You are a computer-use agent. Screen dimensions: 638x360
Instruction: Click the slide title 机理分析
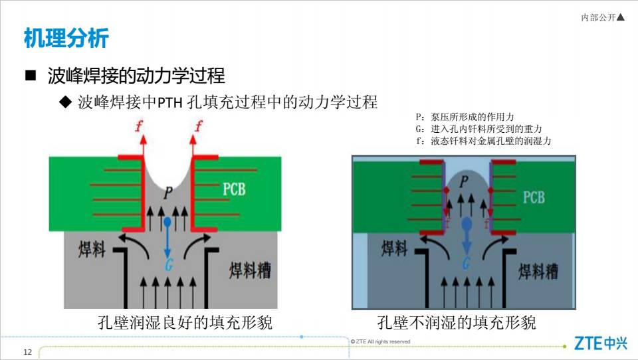[x=66, y=39]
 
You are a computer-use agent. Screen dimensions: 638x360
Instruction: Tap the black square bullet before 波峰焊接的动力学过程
[x=31, y=75]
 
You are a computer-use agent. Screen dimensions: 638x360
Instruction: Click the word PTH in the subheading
[x=169, y=102]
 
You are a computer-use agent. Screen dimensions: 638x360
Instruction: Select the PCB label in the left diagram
[x=234, y=189]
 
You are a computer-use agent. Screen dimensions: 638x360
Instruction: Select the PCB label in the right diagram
[x=534, y=197]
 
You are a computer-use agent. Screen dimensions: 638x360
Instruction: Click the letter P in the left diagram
[x=168, y=193]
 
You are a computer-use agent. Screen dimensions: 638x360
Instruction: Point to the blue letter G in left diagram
[x=169, y=265]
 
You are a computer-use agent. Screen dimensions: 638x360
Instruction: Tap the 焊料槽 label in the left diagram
[x=250, y=270]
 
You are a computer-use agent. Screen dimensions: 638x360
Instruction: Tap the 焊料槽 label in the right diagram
[x=538, y=271]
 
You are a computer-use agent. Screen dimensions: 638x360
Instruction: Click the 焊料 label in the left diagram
[x=92, y=249]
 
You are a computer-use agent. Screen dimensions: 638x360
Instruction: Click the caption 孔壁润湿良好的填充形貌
[x=185, y=322]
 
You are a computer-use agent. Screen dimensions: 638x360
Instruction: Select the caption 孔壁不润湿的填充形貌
[x=456, y=322]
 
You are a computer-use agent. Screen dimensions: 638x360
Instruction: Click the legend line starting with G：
[x=478, y=129]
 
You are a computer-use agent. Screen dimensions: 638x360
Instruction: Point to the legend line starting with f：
[x=483, y=141]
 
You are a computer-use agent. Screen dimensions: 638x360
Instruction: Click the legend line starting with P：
[x=465, y=117]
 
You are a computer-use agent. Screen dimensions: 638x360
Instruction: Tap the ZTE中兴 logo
[x=601, y=343]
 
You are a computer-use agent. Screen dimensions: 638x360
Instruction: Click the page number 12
[x=28, y=352]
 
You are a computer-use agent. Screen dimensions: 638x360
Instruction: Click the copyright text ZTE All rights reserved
[x=380, y=341]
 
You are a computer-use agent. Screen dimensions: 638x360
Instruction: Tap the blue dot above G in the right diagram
[x=467, y=223]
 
